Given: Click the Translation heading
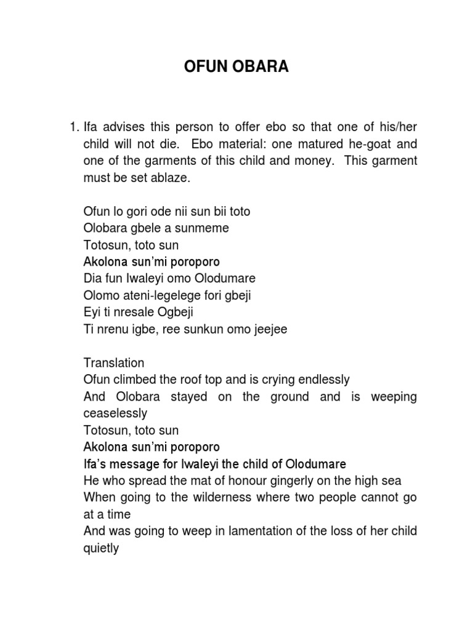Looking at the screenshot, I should coord(113,363).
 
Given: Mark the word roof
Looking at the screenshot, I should coord(203,380).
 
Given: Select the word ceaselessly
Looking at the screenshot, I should coord(116,413).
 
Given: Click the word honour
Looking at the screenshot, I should coord(237,480).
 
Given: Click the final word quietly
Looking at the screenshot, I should coord(101,548).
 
